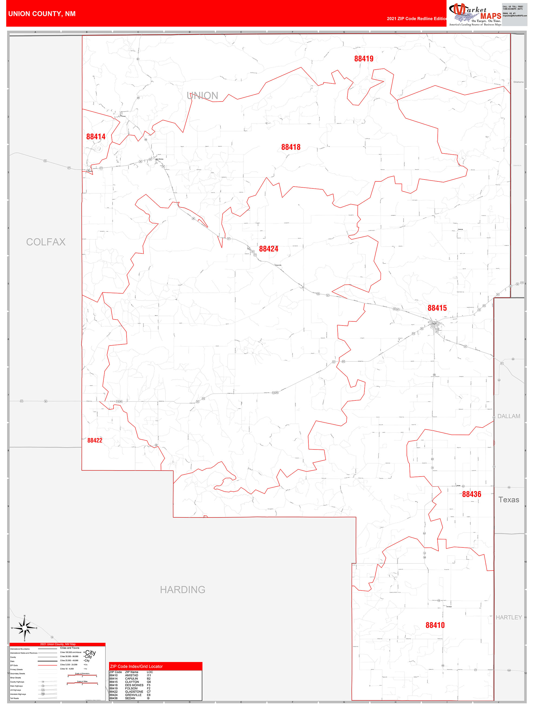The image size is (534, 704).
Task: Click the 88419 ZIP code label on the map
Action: (364, 58)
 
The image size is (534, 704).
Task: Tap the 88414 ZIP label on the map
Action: (96, 136)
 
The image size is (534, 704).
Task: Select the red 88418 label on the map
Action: (291, 147)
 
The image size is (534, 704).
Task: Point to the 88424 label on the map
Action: (268, 249)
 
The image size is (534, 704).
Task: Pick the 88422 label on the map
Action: (95, 440)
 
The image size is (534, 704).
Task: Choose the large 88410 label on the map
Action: (435, 625)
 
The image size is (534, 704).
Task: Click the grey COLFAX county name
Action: (46, 242)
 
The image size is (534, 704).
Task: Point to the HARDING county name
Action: (183, 589)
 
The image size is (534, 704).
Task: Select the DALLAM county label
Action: (509, 416)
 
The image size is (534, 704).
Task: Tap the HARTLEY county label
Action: (509, 617)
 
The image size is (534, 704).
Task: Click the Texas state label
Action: (509, 499)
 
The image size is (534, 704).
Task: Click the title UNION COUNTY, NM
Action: (42, 14)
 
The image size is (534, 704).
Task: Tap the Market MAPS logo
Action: (475, 14)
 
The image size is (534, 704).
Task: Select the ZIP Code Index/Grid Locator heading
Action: (136, 666)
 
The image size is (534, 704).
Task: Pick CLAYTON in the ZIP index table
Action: (132, 682)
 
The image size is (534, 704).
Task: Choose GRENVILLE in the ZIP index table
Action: (133, 695)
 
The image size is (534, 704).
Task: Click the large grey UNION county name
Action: (202, 96)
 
